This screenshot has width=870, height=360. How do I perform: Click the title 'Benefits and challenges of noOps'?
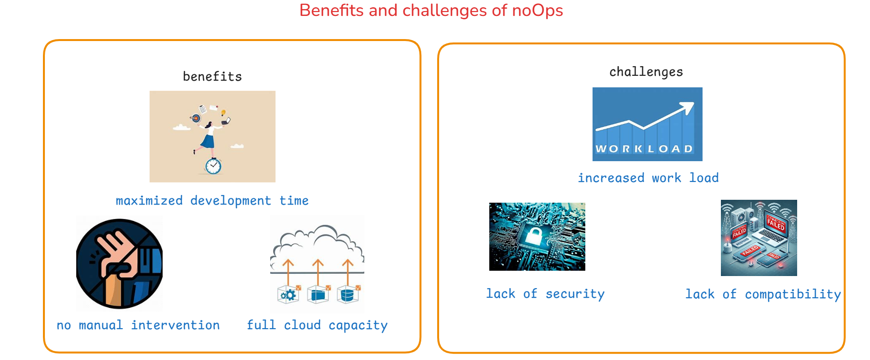click(x=431, y=11)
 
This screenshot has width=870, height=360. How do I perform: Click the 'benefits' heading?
click(x=212, y=76)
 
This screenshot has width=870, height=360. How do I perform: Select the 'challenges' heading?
click(x=646, y=72)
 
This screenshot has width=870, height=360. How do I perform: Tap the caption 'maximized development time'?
click(x=212, y=201)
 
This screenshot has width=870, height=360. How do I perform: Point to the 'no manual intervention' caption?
click(x=138, y=325)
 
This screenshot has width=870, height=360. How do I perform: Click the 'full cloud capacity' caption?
click(x=317, y=325)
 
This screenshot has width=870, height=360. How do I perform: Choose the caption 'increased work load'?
click(x=648, y=178)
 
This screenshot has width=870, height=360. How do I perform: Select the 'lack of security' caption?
click(x=545, y=294)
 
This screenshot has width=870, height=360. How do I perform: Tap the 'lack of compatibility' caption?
click(x=763, y=294)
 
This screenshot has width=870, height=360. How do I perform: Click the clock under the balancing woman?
click(x=213, y=166)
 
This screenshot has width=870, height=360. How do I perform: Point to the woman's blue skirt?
click(x=208, y=141)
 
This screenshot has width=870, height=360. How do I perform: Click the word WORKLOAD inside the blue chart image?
click(x=644, y=149)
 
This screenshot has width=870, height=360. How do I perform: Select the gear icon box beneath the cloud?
click(x=289, y=294)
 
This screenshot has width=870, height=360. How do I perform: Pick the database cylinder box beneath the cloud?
click(x=347, y=294)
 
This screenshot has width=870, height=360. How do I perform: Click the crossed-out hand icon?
click(x=120, y=263)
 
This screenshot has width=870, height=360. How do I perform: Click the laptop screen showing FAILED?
click(x=776, y=224)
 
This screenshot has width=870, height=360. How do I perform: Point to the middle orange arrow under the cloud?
click(x=318, y=273)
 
